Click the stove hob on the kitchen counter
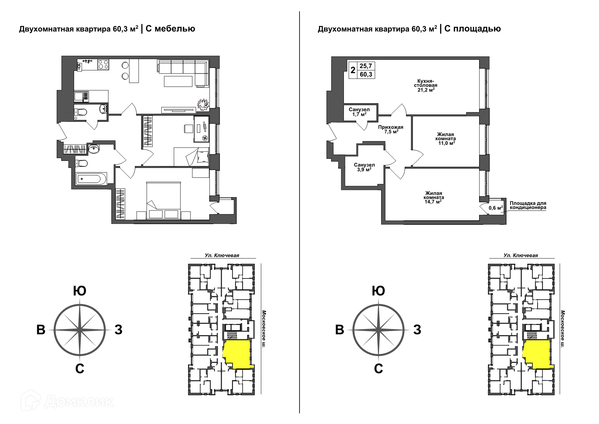pos(103,65)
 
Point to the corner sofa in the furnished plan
pos(183,73)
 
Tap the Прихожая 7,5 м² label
pos(391,129)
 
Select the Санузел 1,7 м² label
pos(359,112)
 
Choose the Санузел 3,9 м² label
pos(364,167)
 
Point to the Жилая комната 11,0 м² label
pos(446,139)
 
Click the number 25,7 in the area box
pos(365,66)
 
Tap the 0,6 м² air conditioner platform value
pos(496,208)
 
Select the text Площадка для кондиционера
pos(528,205)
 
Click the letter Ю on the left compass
pos(80,291)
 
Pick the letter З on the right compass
pos(417,330)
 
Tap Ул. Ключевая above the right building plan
pos(521,255)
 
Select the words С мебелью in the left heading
pos(170,29)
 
